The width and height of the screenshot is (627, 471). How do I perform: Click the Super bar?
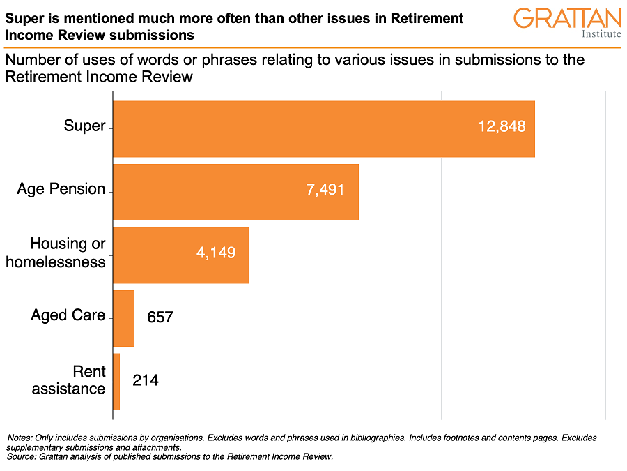(323, 128)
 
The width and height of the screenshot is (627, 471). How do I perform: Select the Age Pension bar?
(235, 192)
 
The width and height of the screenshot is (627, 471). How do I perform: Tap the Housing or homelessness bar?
(180, 255)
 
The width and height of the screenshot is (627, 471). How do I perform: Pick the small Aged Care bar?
(123, 318)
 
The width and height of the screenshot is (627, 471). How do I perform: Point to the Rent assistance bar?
(116, 382)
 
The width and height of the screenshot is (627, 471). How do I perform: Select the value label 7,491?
(325, 190)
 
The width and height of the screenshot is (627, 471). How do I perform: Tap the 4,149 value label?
(216, 253)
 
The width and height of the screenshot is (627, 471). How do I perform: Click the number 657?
(160, 317)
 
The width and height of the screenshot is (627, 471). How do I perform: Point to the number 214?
(146, 381)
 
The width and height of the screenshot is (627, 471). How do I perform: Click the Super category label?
(84, 126)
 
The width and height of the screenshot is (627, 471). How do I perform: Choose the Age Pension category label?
(61, 189)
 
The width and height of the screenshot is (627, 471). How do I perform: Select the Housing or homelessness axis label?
(68, 253)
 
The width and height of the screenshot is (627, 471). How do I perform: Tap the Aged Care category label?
(68, 315)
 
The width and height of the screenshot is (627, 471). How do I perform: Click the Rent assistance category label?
(69, 380)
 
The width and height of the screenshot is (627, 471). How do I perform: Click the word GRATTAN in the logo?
(567, 18)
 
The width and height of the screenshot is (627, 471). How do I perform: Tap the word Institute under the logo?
(601, 33)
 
